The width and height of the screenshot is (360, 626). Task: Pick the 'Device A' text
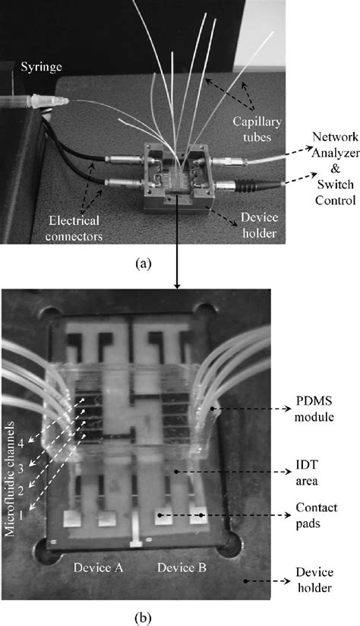[96, 568]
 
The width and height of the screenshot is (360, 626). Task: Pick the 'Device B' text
[179, 568]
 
